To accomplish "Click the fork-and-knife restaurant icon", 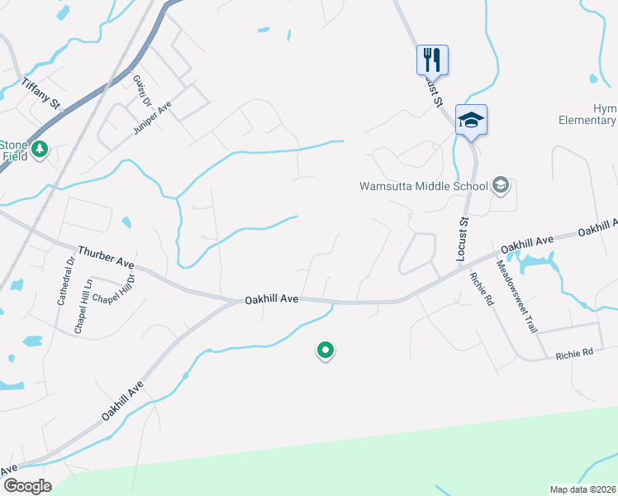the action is click(431, 60).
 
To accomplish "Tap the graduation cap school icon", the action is click(471, 120).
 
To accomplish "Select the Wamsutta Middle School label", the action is click(424, 186).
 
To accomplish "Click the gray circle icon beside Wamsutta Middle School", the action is click(500, 185).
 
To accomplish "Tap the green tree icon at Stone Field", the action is click(40, 150).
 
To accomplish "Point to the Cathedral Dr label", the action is click(65, 280).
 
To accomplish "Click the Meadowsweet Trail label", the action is click(517, 296).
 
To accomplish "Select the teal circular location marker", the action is click(326, 351).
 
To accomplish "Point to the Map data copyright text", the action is click(582, 489).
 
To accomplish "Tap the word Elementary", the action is click(587, 121).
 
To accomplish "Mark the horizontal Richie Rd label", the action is click(574, 353).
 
